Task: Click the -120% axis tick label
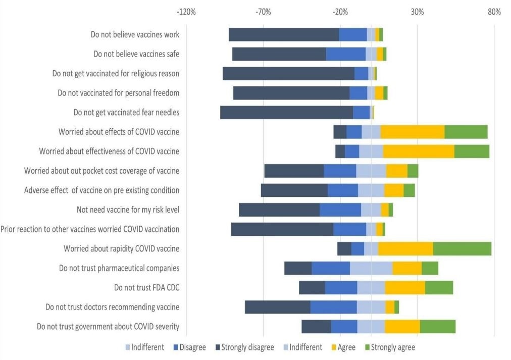tap(187, 12)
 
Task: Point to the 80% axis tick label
tap(494, 12)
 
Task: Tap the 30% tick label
tap(417, 12)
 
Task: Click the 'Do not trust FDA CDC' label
tap(146, 288)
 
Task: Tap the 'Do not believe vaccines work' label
tap(135, 35)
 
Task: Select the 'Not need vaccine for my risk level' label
tap(128, 210)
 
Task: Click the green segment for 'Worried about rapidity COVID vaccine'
tap(462, 249)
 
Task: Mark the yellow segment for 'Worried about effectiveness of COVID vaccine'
tap(418, 151)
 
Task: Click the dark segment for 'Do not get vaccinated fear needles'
tap(286, 113)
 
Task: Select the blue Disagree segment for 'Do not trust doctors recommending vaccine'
tap(333, 307)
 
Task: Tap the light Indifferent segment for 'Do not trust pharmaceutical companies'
tap(371, 268)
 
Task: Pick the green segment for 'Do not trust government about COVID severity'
tap(437, 327)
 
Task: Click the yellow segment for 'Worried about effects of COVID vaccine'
tap(412, 132)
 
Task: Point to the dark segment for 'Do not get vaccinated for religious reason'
tap(288, 74)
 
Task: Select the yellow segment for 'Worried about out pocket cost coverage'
tap(396, 171)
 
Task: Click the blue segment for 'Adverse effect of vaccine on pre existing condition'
tap(342, 190)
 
